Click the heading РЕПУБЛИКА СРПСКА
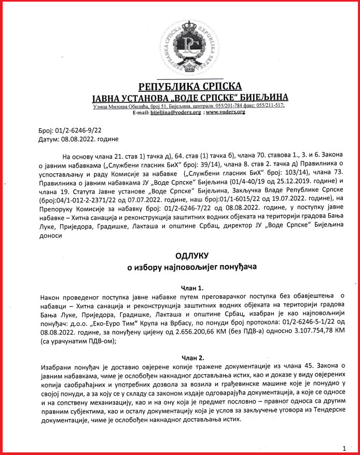190,87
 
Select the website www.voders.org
225,112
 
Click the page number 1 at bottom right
344,447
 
